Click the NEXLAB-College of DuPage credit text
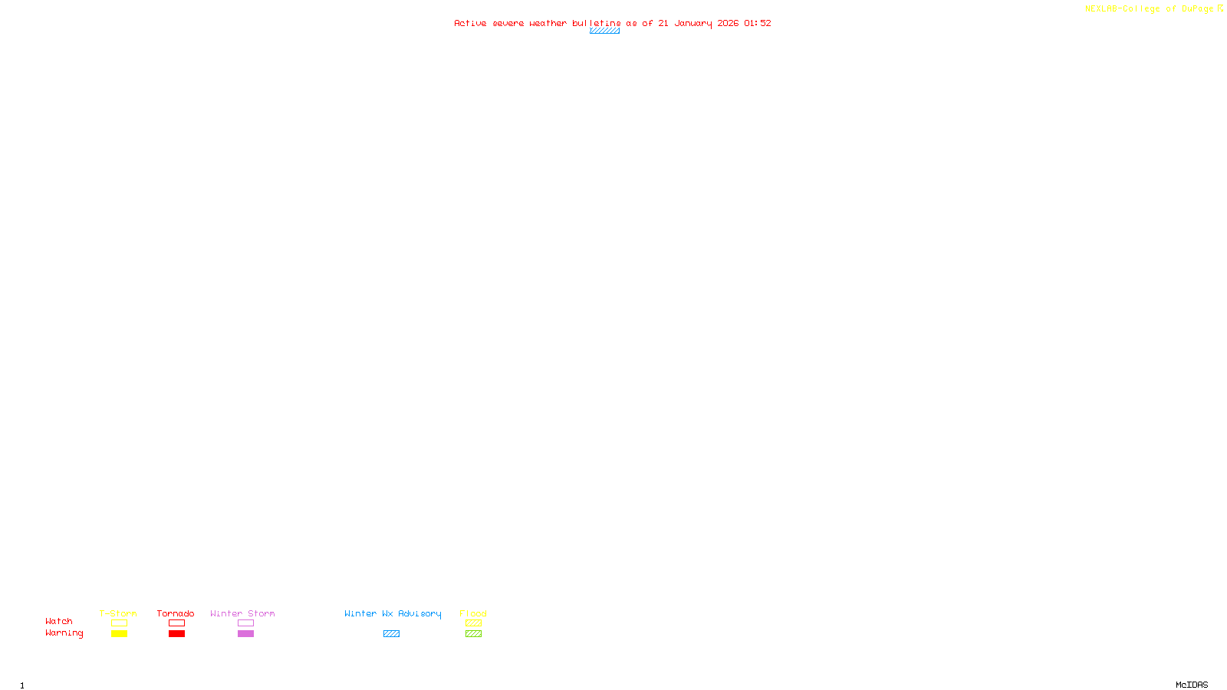tap(1149, 9)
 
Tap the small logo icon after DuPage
tap(1220, 8)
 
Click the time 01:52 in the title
tap(757, 23)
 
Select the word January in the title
tap(692, 23)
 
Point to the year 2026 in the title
tap(728, 23)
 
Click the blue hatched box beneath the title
tap(604, 31)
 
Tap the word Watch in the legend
tap(59, 621)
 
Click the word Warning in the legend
tap(64, 633)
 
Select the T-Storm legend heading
tap(118, 613)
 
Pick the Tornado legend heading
tap(176, 613)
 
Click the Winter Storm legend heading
tap(242, 613)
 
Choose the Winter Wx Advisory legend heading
tap(393, 613)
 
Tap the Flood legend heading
tap(473, 613)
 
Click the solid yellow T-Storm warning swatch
tap(119, 634)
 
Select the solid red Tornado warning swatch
tap(176, 634)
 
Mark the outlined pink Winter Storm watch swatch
tap(245, 623)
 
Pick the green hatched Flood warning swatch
tap(473, 634)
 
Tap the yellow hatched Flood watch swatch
tap(473, 623)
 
